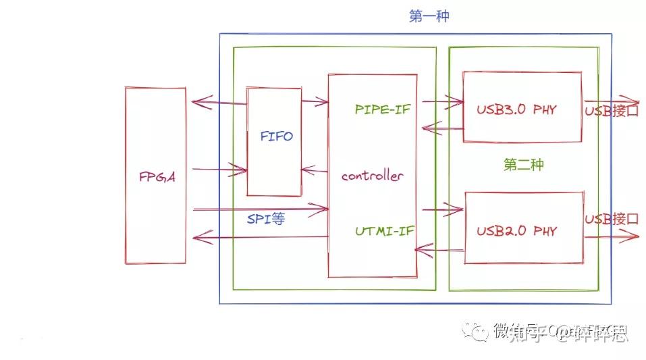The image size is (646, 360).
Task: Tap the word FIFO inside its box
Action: tap(277, 136)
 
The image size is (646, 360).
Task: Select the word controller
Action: tap(372, 176)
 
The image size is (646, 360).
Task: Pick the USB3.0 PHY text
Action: tap(516, 109)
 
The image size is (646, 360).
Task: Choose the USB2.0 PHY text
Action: tap(516, 231)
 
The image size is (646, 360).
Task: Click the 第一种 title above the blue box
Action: tap(429, 16)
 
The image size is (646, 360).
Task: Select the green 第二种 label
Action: tap(524, 165)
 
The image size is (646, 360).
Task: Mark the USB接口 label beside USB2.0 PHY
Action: tap(611, 220)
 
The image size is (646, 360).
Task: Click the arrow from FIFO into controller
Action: tap(315, 103)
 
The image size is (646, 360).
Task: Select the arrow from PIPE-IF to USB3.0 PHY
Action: tap(442, 103)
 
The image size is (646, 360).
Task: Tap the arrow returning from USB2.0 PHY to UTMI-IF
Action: tap(439, 251)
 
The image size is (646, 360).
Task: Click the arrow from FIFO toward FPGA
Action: tap(218, 103)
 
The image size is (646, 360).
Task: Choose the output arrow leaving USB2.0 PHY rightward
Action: tap(611, 236)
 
